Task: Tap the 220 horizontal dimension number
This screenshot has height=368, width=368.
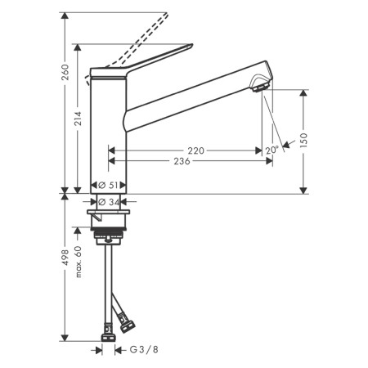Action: pos(195,150)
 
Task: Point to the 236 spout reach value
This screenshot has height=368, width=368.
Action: pos(181,162)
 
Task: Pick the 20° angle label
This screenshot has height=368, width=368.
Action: pos(272,150)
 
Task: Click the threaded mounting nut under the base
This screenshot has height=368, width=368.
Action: pos(110,238)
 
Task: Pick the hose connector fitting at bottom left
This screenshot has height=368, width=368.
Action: pos(108,332)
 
